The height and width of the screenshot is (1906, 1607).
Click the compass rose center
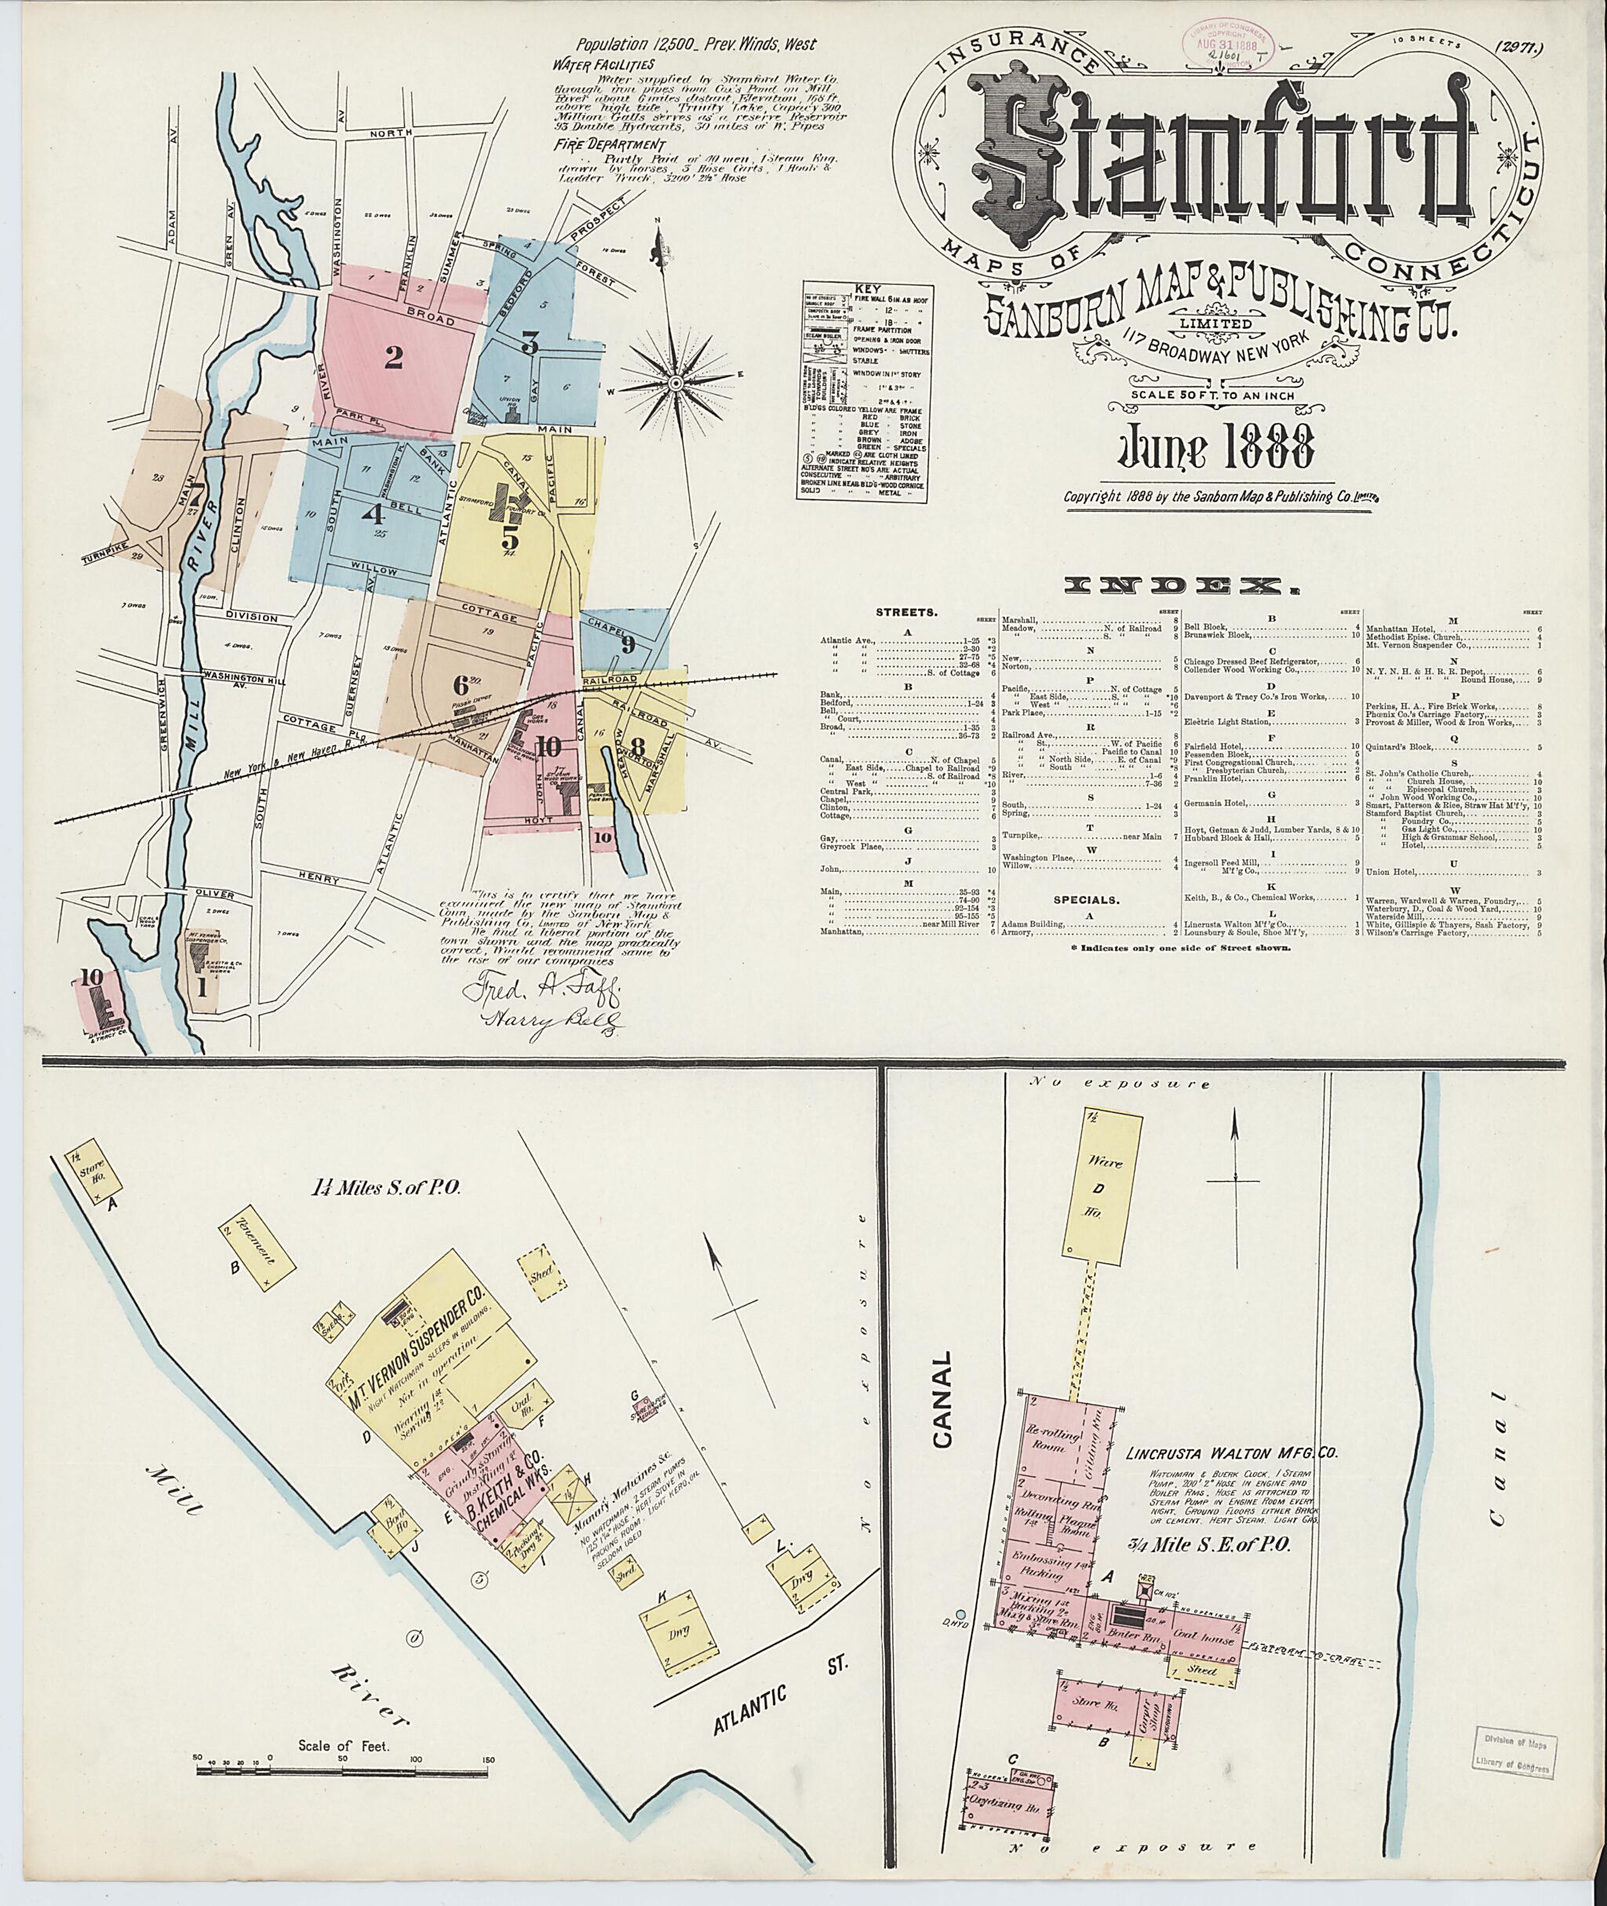(676, 385)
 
